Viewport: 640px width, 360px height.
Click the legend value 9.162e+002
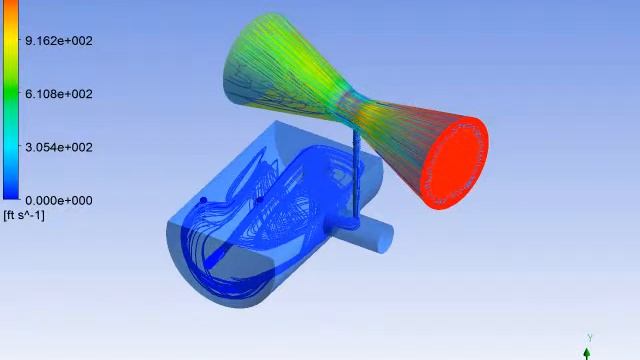click(59, 41)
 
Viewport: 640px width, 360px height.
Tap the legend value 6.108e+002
click(59, 94)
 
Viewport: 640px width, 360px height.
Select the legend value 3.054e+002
click(59, 147)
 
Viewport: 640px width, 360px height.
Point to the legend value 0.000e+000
click(59, 200)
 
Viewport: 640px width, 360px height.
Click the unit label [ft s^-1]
click(24, 215)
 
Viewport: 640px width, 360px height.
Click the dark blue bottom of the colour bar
click(11, 190)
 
